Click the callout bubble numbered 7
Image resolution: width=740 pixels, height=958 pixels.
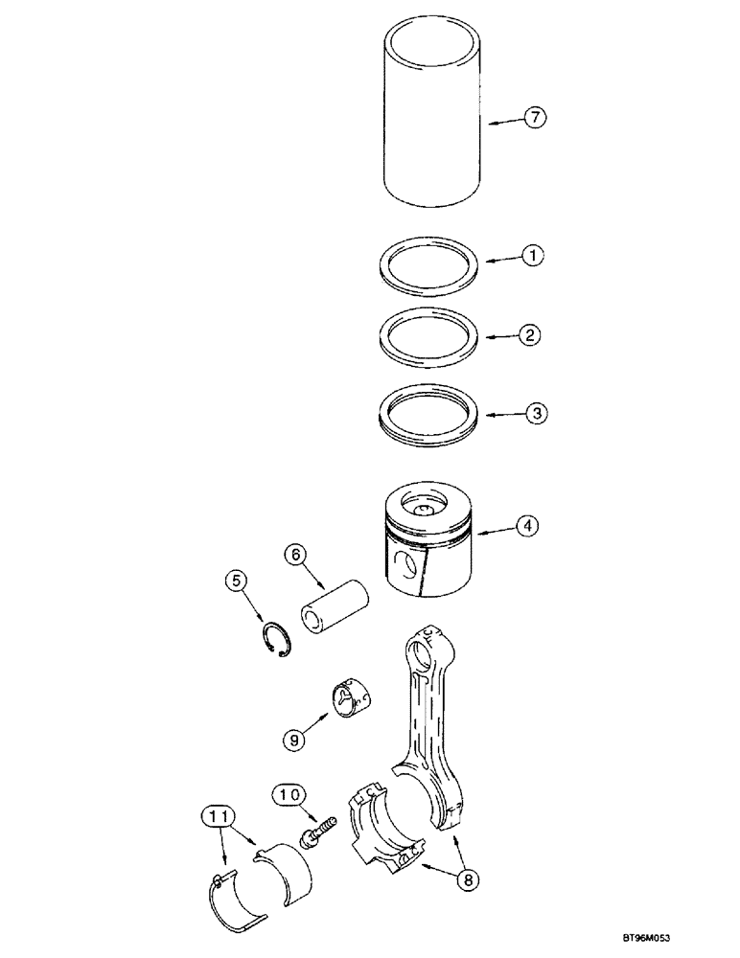point(535,118)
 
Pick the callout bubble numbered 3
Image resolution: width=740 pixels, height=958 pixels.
point(535,415)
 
